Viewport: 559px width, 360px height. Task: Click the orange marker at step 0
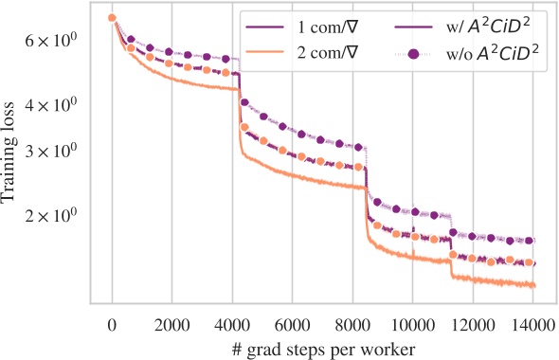(x=112, y=18)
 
